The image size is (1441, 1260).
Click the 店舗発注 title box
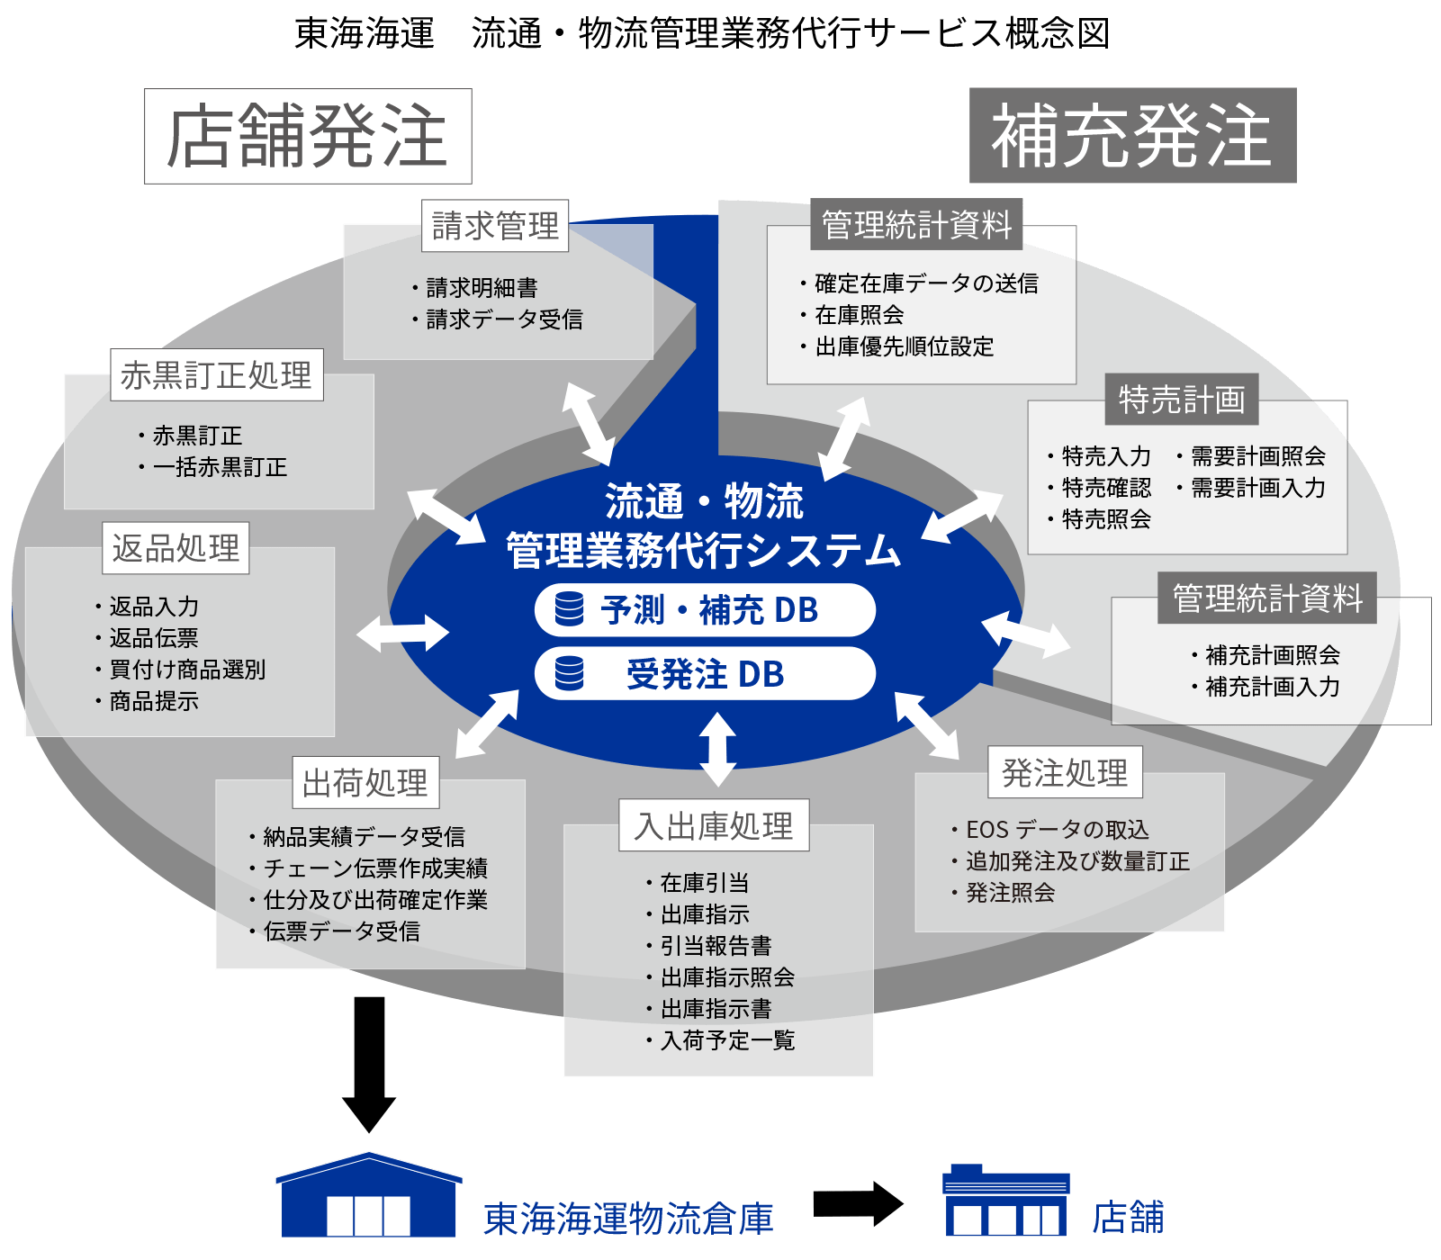click(x=308, y=137)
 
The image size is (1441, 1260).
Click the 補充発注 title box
click(x=1132, y=136)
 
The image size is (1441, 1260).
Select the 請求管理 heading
click(x=495, y=226)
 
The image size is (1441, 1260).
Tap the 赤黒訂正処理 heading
click(x=216, y=375)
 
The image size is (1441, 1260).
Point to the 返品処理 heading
click(x=176, y=548)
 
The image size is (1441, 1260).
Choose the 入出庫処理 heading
click(x=714, y=825)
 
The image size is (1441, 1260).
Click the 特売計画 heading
click(x=1182, y=400)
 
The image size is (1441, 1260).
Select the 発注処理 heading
click(x=1065, y=772)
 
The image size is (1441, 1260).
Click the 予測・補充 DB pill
click(x=705, y=610)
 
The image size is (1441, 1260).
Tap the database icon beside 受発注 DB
click(x=569, y=673)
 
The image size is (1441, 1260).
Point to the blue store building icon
click(x=1005, y=1201)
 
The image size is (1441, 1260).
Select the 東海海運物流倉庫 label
click(x=628, y=1219)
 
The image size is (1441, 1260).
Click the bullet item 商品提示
click(x=153, y=701)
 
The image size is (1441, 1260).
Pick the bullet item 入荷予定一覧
click(x=727, y=1040)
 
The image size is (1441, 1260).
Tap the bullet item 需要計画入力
click(x=1257, y=488)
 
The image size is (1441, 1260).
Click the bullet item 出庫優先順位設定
click(x=904, y=346)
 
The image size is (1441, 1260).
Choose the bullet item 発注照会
click(x=1009, y=893)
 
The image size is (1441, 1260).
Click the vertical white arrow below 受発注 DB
click(x=717, y=749)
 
